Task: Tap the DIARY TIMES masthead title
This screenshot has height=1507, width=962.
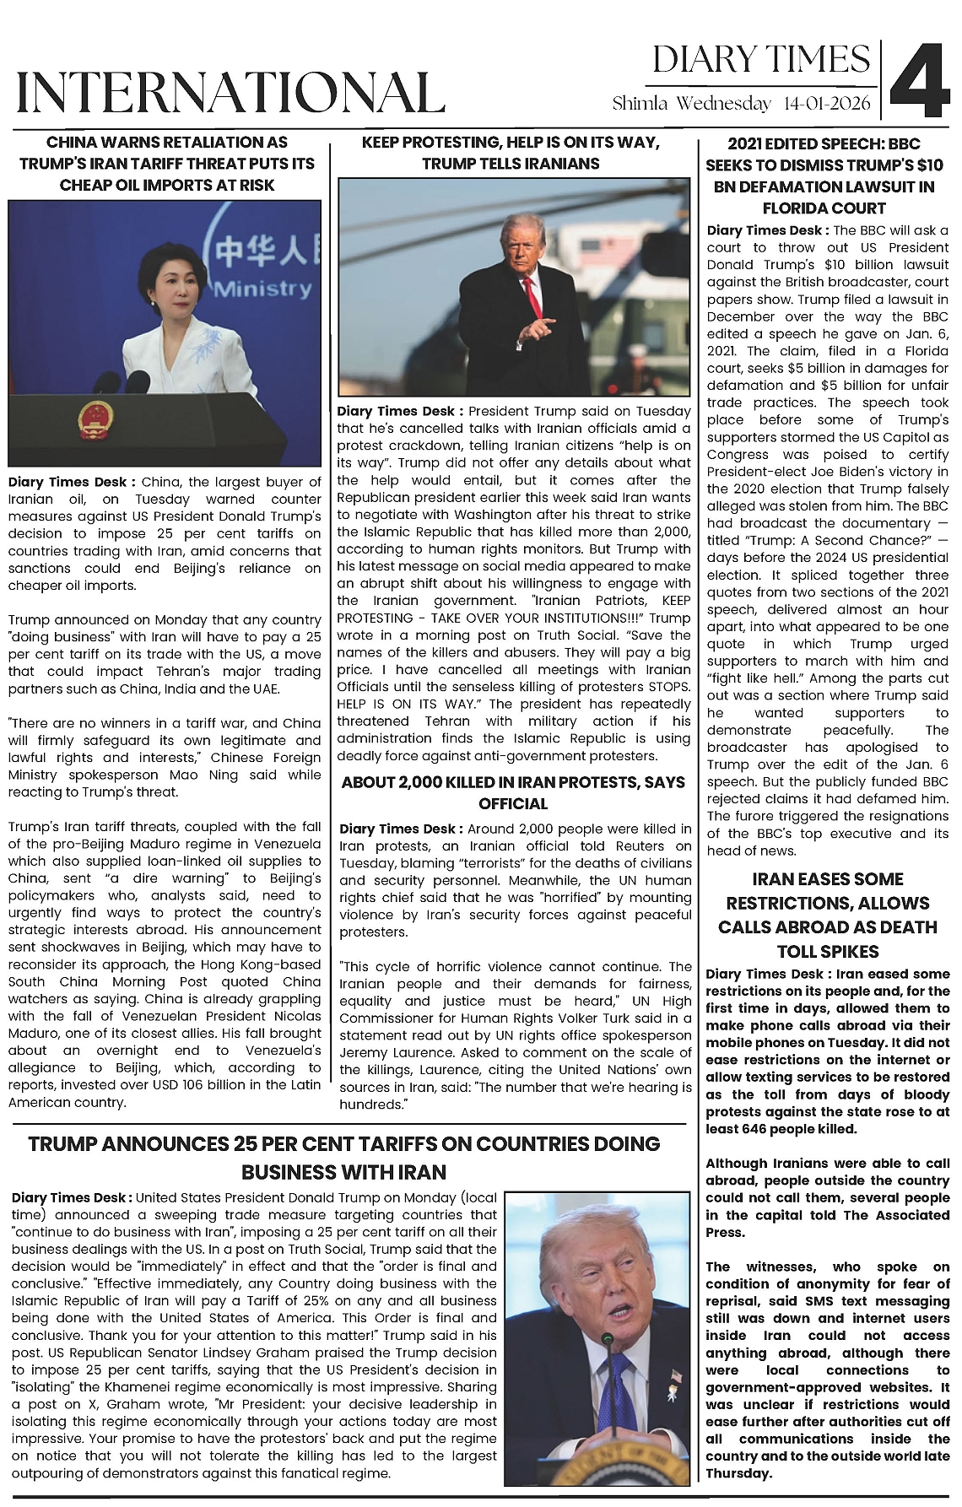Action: click(761, 59)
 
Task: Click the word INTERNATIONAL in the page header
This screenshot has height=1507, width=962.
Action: click(230, 92)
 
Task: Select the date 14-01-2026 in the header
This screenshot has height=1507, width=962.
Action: click(828, 104)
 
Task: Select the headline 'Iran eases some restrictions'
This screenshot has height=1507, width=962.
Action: click(827, 915)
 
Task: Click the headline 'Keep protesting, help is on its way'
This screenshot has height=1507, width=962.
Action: click(511, 153)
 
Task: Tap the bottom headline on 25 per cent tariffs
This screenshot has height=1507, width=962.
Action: click(343, 1158)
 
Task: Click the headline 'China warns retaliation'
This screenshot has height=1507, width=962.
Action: click(167, 163)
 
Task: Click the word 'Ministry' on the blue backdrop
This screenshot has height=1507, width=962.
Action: click(262, 289)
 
